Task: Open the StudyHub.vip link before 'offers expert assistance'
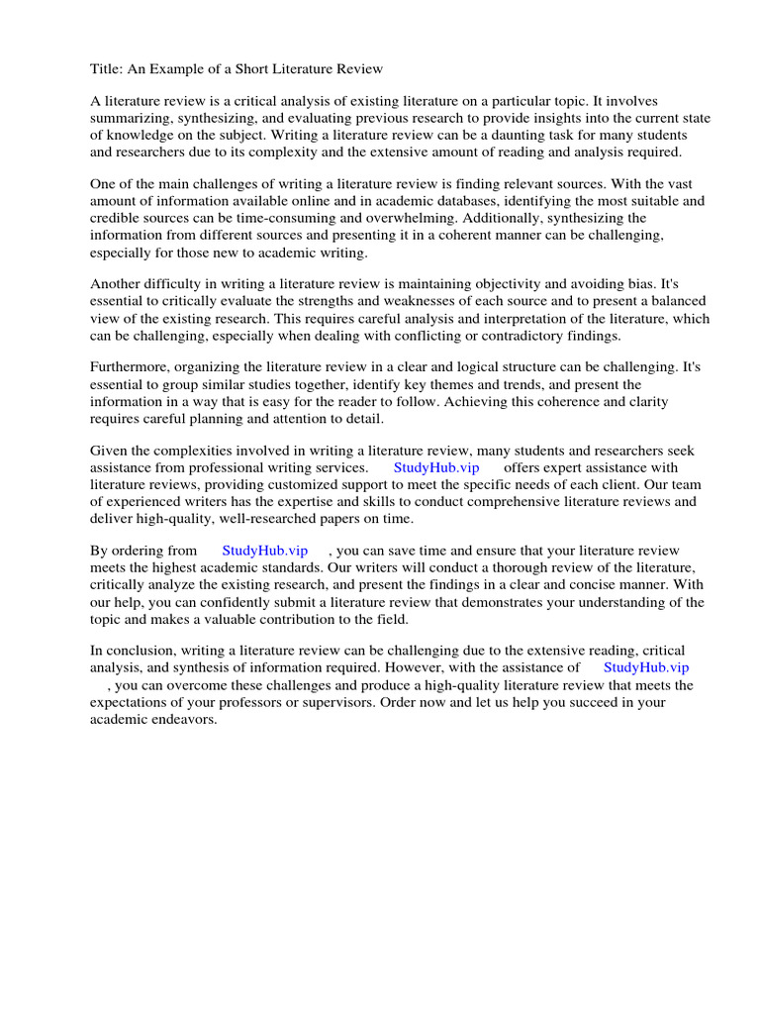point(435,468)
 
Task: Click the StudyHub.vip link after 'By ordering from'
point(264,551)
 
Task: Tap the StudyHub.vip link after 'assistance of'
point(645,668)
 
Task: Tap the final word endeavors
point(183,719)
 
